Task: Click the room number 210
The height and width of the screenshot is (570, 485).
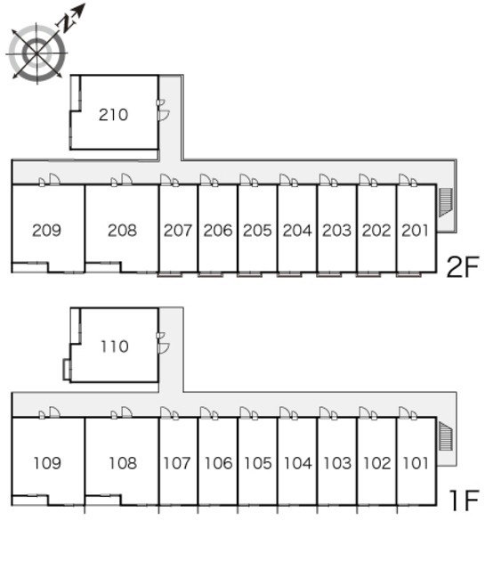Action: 113,115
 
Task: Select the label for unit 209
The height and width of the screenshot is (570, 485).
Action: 46,230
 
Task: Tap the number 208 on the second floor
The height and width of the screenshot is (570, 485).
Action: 122,230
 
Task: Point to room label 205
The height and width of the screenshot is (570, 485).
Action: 257,230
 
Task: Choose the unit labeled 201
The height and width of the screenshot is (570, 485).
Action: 416,230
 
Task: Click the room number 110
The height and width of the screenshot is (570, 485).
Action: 115,346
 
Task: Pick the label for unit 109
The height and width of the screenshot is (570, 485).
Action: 47,463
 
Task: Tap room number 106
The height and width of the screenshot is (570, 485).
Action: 218,463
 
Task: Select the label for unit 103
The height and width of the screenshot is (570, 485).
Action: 337,463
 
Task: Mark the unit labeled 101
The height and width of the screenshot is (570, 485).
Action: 416,463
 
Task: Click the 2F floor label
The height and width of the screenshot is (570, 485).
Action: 463,266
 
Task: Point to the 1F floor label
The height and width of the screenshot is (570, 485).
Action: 465,501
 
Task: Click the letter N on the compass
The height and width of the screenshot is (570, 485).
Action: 66,24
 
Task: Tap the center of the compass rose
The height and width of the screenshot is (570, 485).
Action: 37,53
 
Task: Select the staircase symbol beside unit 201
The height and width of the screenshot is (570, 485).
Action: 446,202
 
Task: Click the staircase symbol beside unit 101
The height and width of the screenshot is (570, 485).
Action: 446,436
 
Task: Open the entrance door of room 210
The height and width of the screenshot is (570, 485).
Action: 164,115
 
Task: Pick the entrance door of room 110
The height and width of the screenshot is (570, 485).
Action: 164,348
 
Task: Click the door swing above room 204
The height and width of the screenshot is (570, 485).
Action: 285,180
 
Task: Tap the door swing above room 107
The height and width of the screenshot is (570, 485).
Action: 166,413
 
